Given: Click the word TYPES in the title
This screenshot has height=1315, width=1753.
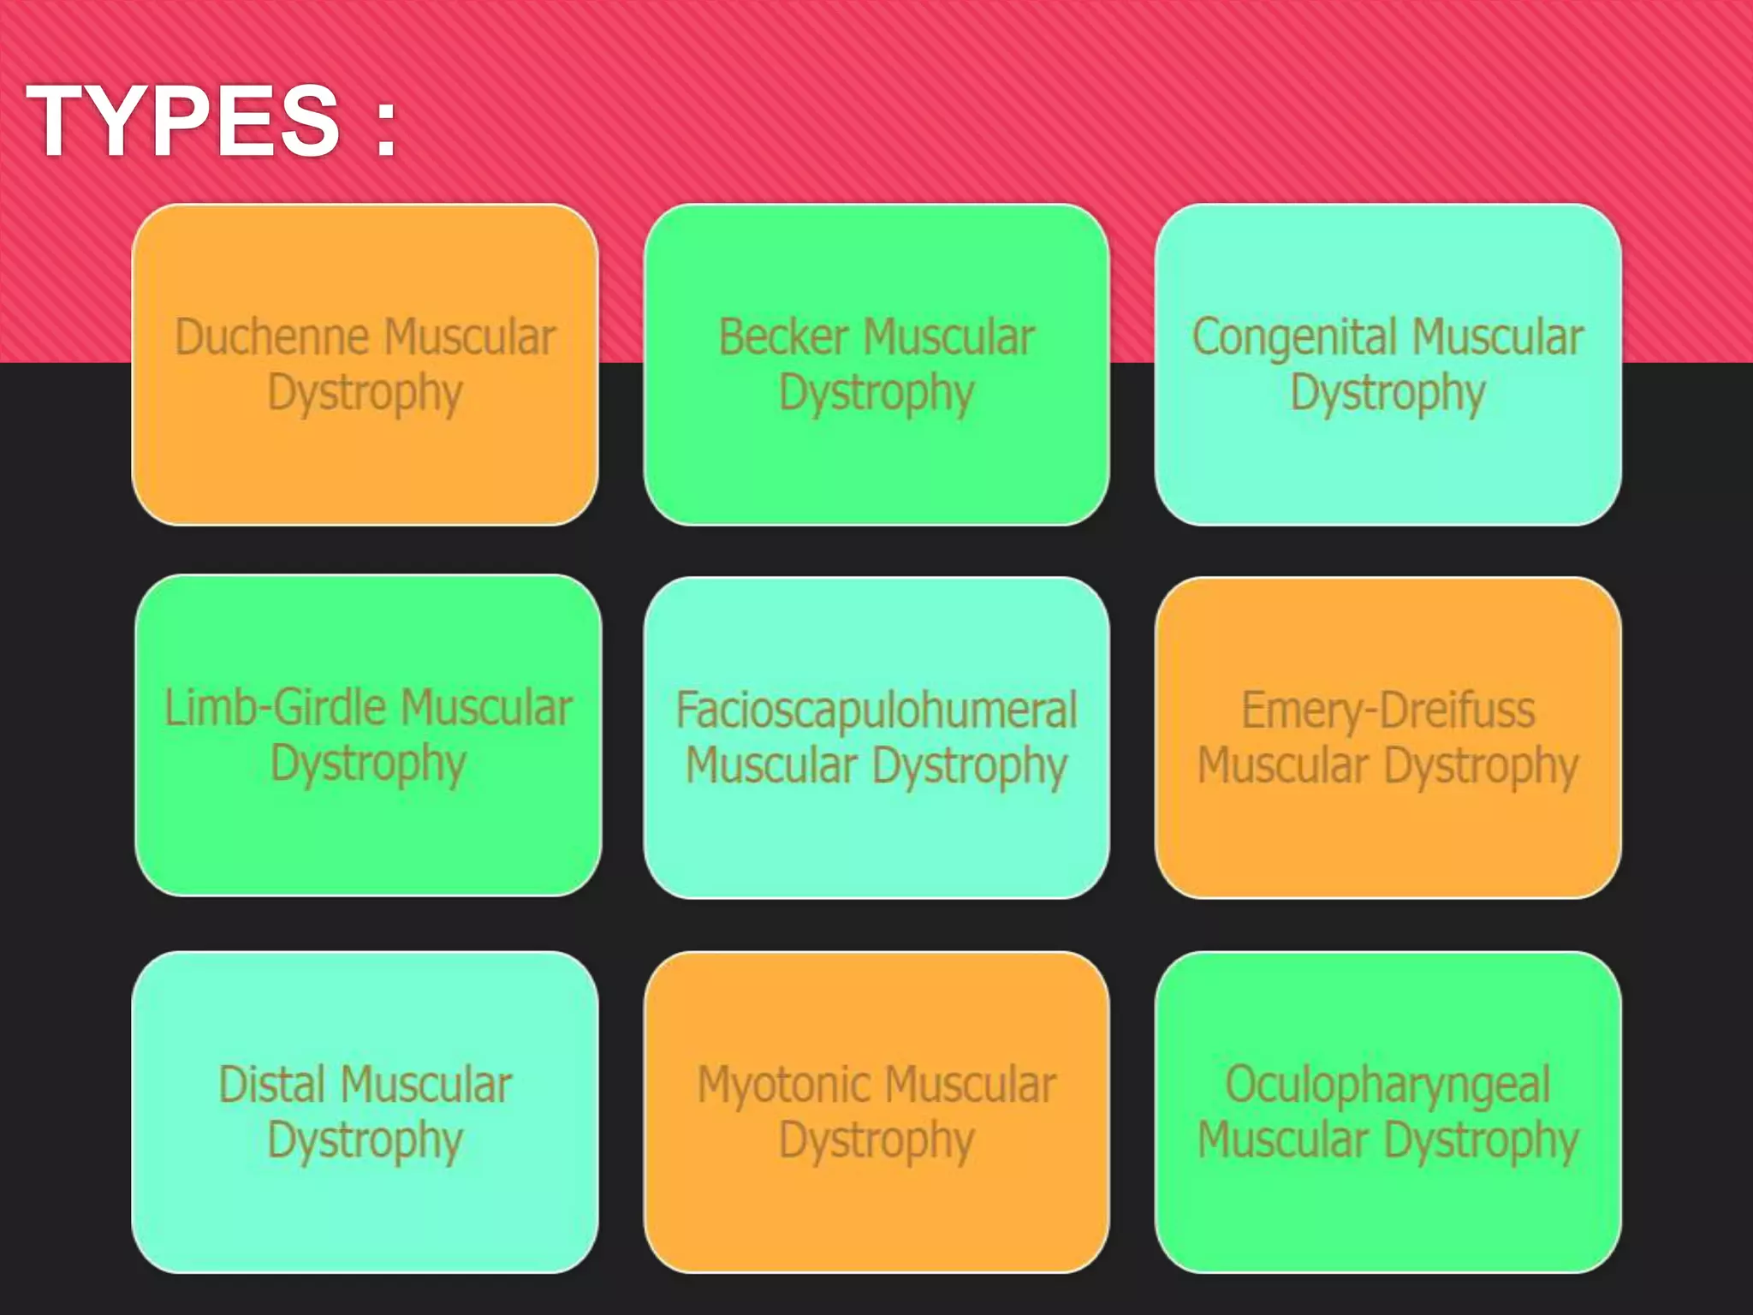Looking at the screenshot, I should [183, 121].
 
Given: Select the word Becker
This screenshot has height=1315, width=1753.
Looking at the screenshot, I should [783, 337].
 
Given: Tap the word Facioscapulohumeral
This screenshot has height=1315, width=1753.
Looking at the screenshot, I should [876, 711].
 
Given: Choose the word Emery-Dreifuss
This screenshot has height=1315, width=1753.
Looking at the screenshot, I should [1388, 711].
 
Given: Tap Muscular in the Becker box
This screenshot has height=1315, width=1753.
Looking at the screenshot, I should [949, 337].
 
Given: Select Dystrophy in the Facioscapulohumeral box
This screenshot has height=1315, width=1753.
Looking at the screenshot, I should [970, 765].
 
